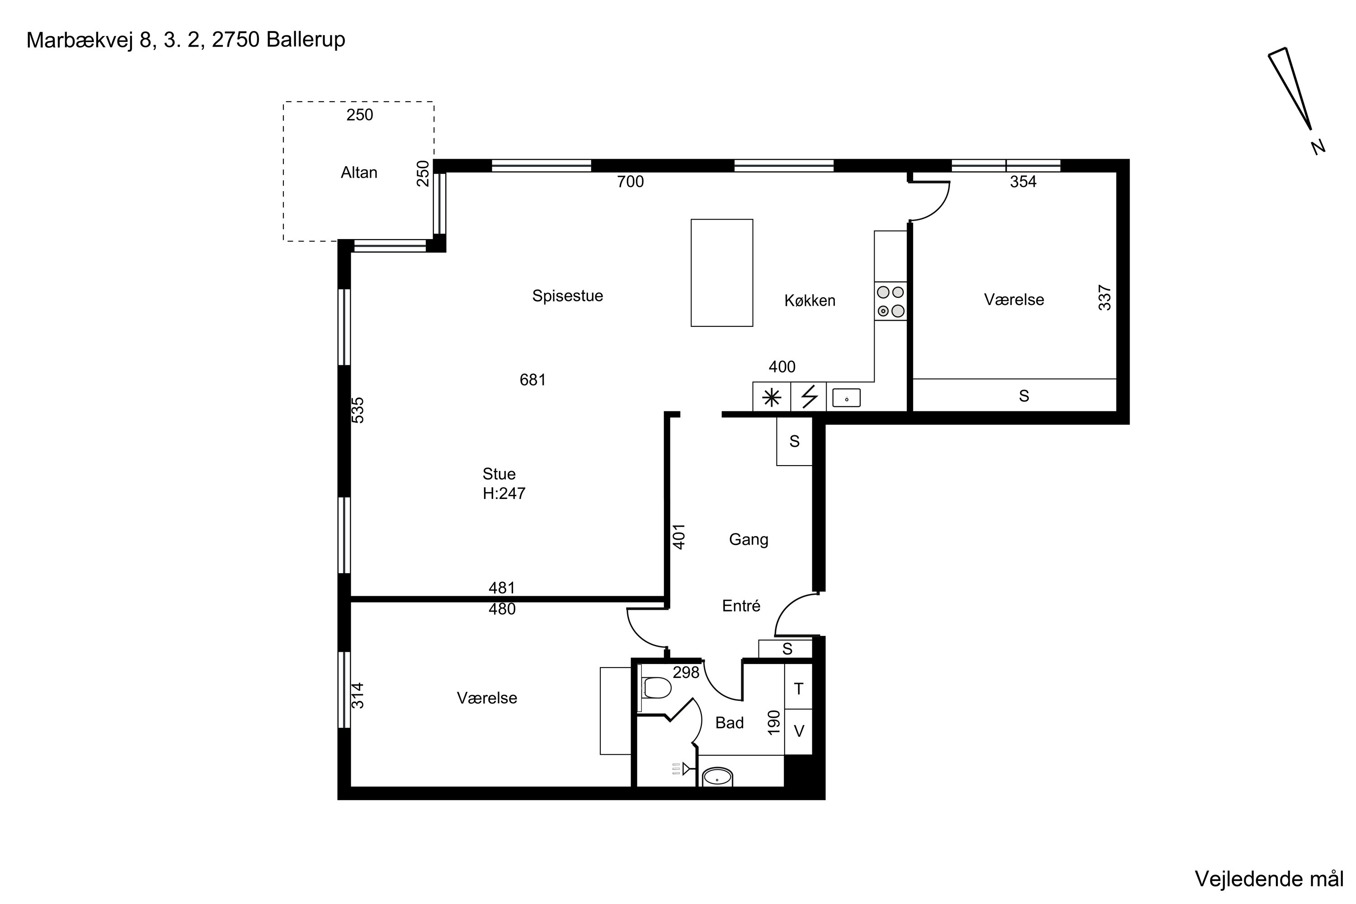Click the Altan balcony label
(x=358, y=172)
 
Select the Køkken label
(x=810, y=301)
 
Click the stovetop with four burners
(x=890, y=301)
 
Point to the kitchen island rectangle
(x=722, y=273)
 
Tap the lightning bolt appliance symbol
(x=810, y=397)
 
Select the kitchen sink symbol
(x=846, y=398)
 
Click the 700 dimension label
(x=630, y=182)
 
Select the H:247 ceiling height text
(x=504, y=494)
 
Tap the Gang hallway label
(x=749, y=540)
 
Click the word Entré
(x=741, y=606)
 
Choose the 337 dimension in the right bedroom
(x=1104, y=297)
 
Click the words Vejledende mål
(x=1269, y=879)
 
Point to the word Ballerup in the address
(x=306, y=40)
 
